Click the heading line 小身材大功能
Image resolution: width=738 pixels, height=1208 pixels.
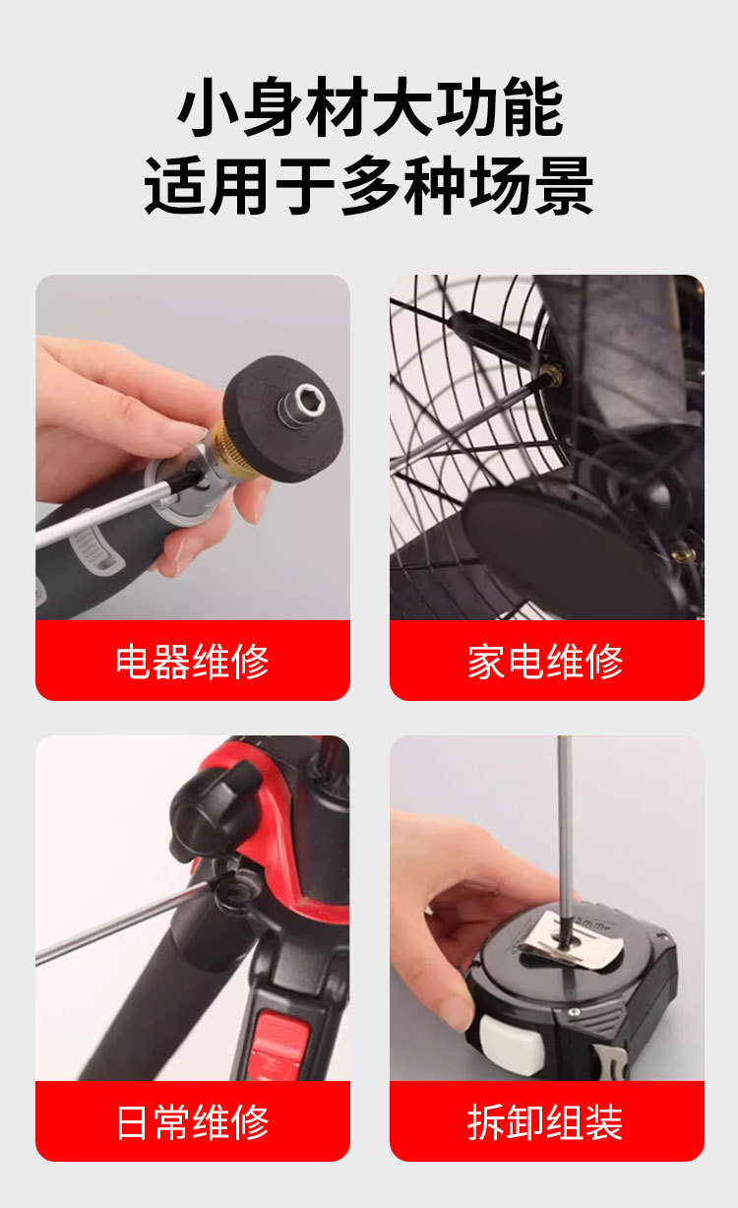click(369, 109)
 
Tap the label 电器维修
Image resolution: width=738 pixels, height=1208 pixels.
click(192, 662)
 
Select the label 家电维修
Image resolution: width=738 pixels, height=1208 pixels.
click(545, 662)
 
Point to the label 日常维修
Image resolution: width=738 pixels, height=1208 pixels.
click(192, 1122)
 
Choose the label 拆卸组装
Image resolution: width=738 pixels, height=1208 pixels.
click(545, 1122)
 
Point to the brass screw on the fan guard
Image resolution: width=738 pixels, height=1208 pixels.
click(551, 374)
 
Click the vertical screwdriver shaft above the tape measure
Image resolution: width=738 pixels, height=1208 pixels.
click(565, 827)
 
